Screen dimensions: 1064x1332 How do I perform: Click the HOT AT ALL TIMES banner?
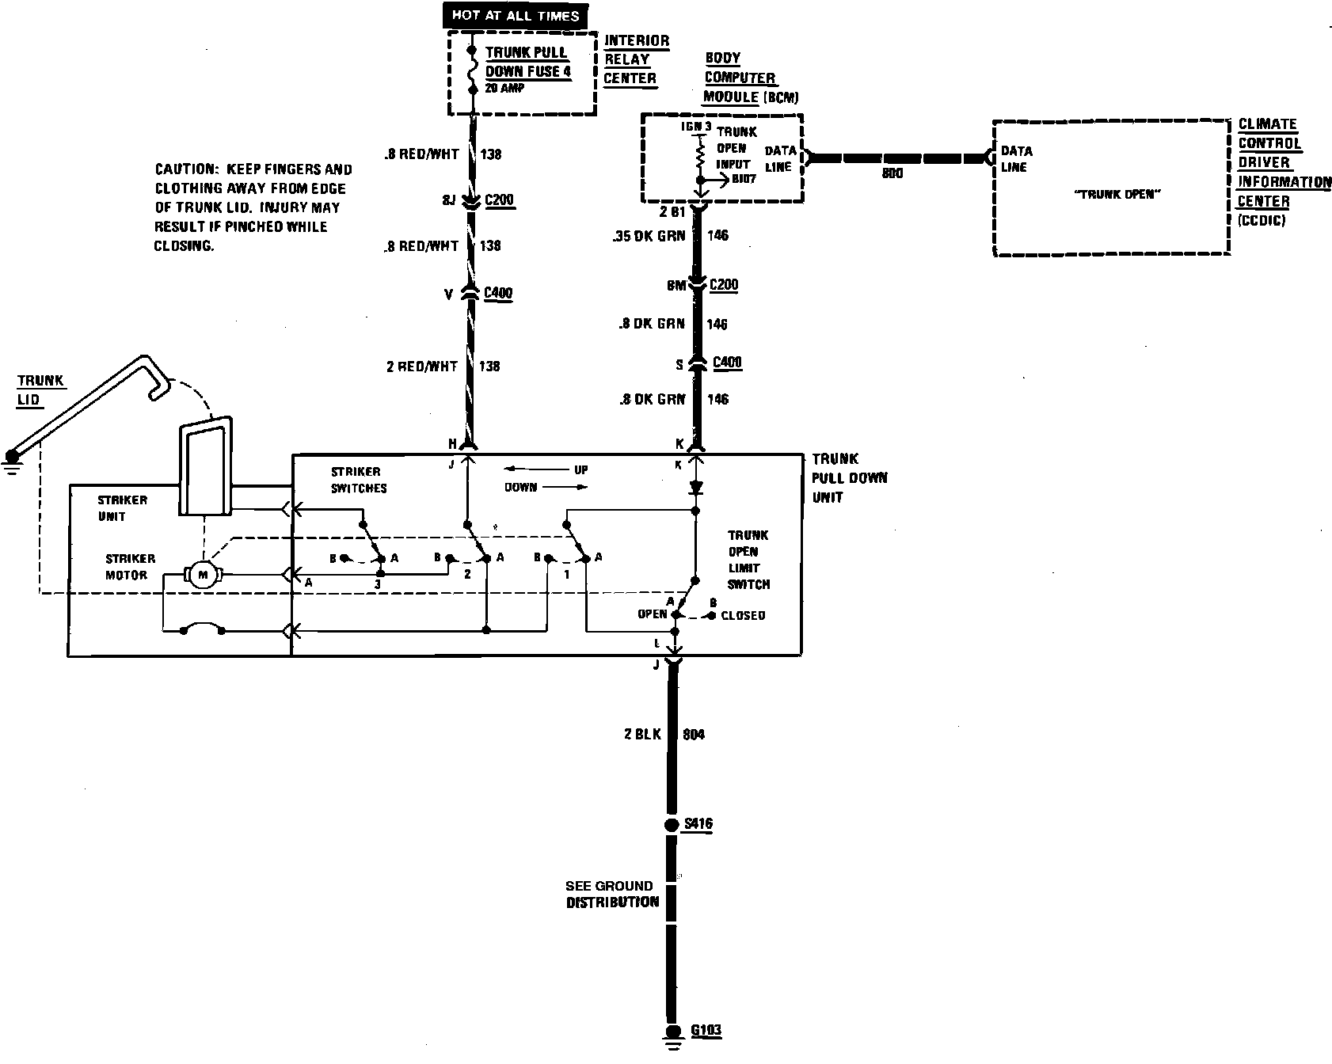click(x=516, y=15)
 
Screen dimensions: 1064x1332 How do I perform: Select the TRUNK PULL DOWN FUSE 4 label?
click(x=527, y=63)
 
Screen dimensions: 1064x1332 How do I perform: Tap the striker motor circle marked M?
click(x=203, y=575)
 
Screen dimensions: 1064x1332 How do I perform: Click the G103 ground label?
click(x=706, y=1031)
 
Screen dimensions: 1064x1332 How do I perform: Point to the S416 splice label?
click(x=698, y=824)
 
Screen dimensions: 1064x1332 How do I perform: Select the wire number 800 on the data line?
click(x=892, y=173)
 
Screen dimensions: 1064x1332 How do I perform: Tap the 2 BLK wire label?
click(x=642, y=735)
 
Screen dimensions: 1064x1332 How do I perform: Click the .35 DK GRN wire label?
click(x=648, y=235)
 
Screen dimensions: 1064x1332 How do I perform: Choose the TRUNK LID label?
click(x=40, y=389)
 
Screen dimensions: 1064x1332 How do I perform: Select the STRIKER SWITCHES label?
click(x=358, y=480)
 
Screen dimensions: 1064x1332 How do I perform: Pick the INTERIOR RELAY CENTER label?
click(x=635, y=59)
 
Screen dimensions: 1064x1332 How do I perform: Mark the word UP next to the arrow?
click(x=580, y=469)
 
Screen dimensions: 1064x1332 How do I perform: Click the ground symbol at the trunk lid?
click(x=12, y=462)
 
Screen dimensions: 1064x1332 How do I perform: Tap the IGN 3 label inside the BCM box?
click(x=697, y=127)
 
